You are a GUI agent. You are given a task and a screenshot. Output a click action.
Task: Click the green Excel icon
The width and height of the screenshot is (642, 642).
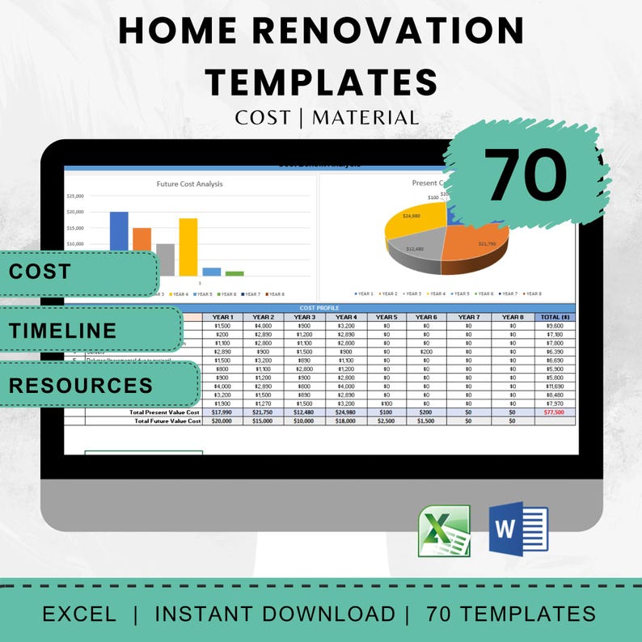click(444, 530)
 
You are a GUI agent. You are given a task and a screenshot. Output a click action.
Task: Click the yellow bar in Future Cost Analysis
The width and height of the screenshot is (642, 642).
click(188, 247)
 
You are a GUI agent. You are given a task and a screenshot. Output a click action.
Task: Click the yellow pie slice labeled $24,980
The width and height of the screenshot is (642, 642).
click(412, 218)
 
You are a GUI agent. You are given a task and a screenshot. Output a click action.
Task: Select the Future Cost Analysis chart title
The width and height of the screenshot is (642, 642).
click(189, 184)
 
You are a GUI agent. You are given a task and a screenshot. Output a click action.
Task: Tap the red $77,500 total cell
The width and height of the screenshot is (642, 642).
click(555, 412)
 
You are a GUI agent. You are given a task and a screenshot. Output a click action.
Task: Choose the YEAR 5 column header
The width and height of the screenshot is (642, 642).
click(386, 317)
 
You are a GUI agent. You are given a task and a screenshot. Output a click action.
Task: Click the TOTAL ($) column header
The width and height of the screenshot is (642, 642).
click(555, 317)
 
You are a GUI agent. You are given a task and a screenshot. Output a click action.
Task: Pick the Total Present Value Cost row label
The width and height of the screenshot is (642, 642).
click(167, 412)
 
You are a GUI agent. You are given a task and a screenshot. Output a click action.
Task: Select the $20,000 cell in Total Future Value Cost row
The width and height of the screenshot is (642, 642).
click(222, 420)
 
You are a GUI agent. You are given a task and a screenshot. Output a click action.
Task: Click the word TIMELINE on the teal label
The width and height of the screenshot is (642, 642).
click(63, 330)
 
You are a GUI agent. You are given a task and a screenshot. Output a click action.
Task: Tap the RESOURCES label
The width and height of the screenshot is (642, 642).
click(80, 385)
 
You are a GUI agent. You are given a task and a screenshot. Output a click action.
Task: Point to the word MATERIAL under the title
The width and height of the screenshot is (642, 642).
click(365, 118)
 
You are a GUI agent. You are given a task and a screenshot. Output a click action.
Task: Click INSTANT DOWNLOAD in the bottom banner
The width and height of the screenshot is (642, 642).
click(275, 613)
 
